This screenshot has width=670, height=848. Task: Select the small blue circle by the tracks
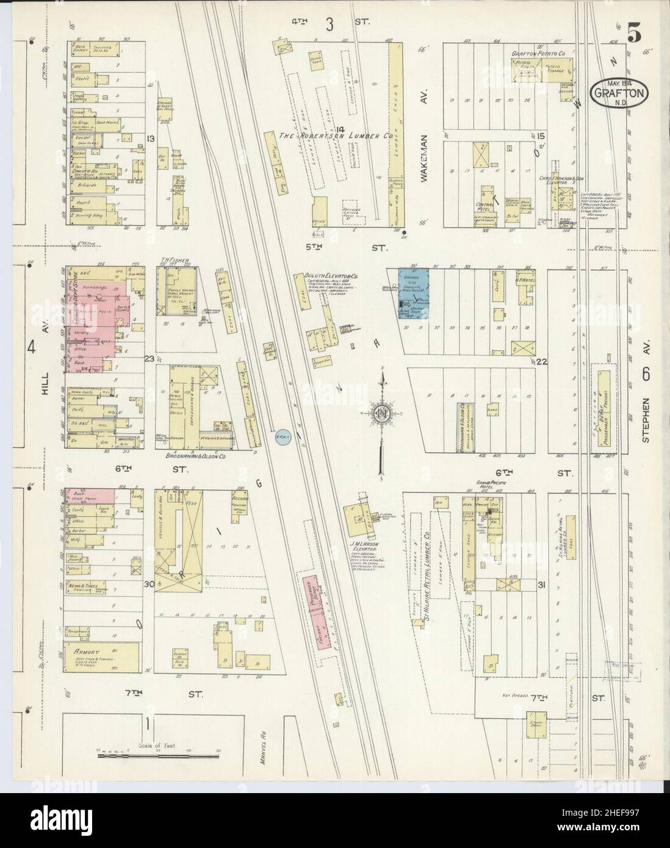coord(281,436)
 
